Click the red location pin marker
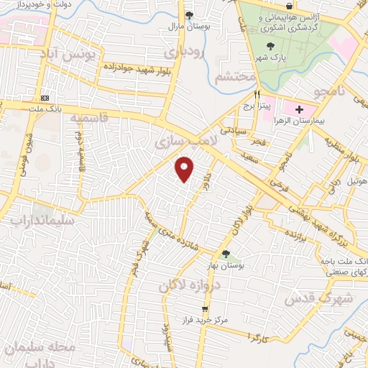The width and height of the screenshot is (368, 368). tap(185, 169)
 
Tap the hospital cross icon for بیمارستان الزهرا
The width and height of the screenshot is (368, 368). tap(299, 109)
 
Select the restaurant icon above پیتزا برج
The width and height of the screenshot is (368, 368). tap(256, 94)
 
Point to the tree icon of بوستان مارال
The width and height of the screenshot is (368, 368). tap(189, 14)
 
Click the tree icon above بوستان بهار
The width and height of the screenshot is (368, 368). tap(226, 254)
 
